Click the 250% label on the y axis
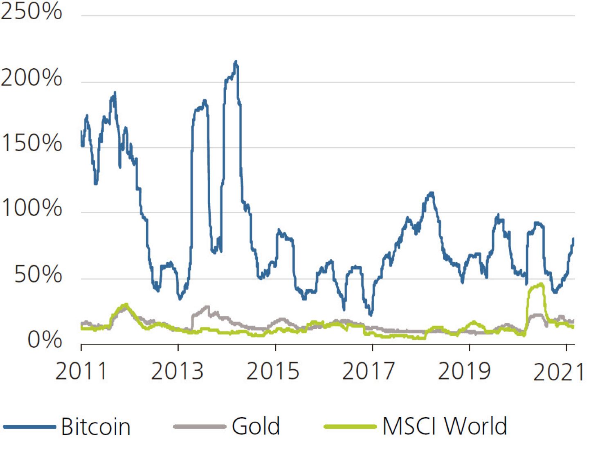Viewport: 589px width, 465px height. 31,11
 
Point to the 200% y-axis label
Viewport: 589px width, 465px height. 31,78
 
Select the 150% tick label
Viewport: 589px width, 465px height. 31,144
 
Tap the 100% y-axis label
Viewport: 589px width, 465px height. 31,208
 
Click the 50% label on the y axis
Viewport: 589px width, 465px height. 38,274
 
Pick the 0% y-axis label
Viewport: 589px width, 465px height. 45,340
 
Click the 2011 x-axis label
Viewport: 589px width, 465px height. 81,371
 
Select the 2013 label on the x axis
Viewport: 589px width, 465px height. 177,371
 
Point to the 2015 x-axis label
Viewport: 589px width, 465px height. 273,371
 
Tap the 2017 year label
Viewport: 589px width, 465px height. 369,371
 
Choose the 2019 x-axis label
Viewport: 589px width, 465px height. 464,371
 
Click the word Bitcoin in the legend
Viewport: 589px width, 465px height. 96,427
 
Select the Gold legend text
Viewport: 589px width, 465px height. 256,426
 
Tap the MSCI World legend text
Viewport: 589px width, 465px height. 445,426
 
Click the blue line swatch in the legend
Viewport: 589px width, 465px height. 29,427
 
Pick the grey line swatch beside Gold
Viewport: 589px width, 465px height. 200,427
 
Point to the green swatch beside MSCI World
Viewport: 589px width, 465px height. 350,427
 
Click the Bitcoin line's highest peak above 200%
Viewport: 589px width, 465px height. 236,62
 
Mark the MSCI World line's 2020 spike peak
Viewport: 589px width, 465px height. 542,284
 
